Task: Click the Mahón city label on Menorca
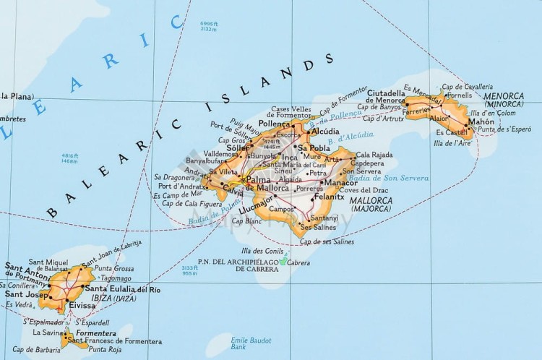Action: pos(481,122)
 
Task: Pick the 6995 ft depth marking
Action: pos(208,27)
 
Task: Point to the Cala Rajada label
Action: pos(374,154)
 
